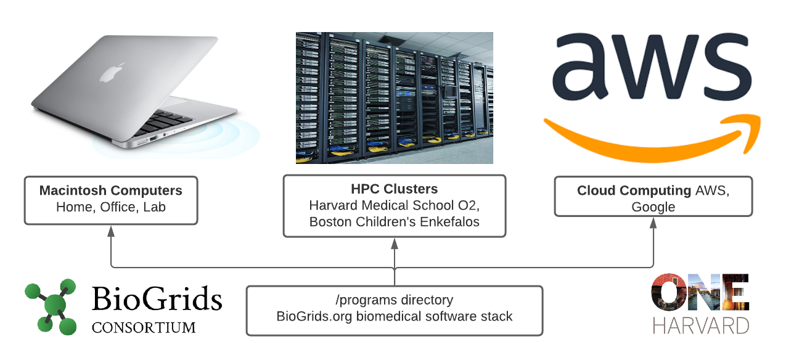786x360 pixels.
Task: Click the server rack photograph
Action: pyautogui.click(x=395, y=97)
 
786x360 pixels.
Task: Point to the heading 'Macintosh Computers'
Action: pyautogui.click(x=111, y=190)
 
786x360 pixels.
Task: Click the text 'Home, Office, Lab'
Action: pyautogui.click(x=111, y=207)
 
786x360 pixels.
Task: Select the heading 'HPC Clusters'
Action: pyautogui.click(x=395, y=189)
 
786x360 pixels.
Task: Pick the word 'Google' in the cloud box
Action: pyautogui.click(x=653, y=207)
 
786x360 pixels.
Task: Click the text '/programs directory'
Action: pyautogui.click(x=395, y=300)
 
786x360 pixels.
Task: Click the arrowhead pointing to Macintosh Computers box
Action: pyautogui.click(x=111, y=231)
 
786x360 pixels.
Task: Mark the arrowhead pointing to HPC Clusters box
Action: pyautogui.click(x=395, y=243)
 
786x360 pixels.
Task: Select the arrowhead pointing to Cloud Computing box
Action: pyautogui.click(x=653, y=223)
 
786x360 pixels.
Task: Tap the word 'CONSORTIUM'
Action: pyautogui.click(x=144, y=327)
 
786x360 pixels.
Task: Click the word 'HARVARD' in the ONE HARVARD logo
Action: pyautogui.click(x=700, y=325)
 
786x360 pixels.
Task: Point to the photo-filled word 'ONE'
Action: pyautogui.click(x=700, y=293)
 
